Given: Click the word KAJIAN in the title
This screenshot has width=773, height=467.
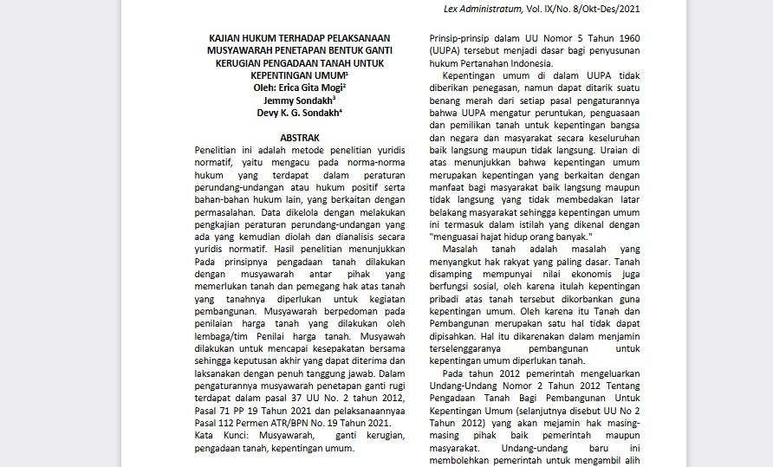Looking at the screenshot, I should [x=228, y=38].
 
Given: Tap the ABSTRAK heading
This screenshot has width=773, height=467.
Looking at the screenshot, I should [x=300, y=137].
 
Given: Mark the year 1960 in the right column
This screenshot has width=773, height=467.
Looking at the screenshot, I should [x=622, y=38].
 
